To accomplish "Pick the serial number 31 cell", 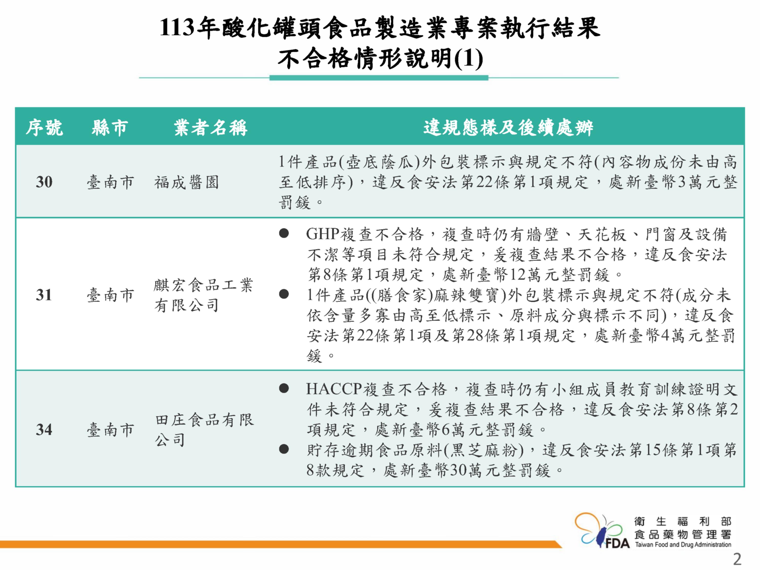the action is (x=44, y=295).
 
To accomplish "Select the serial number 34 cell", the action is (x=44, y=429).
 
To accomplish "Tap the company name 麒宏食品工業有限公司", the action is (x=203, y=295).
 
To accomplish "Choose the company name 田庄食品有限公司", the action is (x=204, y=429).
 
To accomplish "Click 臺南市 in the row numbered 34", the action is (x=110, y=429).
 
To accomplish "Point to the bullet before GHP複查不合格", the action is (x=284, y=233).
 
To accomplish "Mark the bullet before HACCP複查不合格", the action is (x=284, y=389).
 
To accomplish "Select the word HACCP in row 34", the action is (x=334, y=389).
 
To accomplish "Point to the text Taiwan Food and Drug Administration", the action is (x=683, y=545).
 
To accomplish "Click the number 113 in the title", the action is (x=178, y=27).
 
